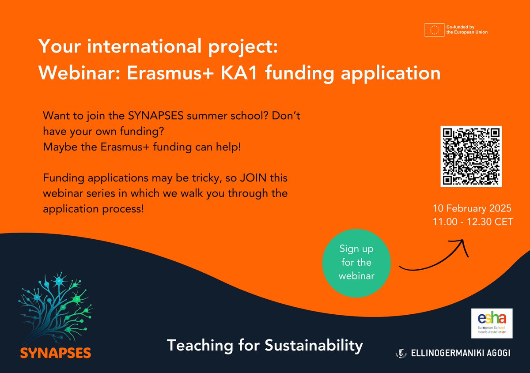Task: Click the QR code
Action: (471, 156)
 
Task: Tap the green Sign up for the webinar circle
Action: (356, 262)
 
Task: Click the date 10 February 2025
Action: (473, 207)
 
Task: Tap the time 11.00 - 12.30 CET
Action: (473, 222)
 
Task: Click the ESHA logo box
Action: (492, 323)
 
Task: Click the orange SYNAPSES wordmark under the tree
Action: (56, 353)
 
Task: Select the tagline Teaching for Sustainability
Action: (265, 345)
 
